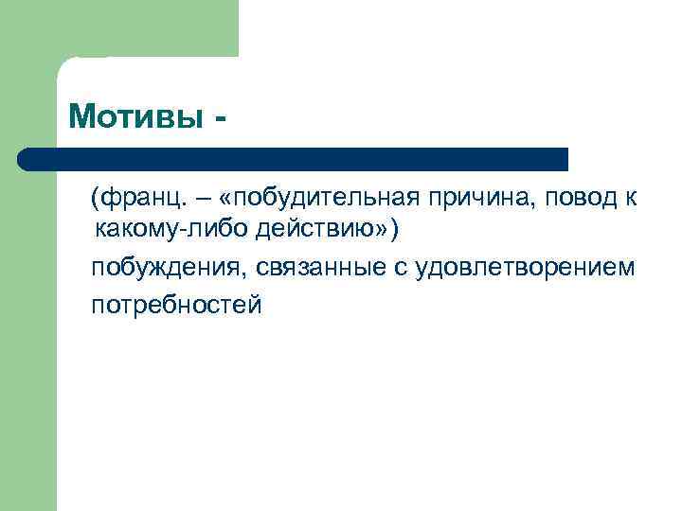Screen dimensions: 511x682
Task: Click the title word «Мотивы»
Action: (x=135, y=117)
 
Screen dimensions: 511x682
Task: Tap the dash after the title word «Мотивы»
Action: (x=221, y=120)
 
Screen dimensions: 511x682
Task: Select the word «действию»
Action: (x=311, y=230)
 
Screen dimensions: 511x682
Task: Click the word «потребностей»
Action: (x=175, y=306)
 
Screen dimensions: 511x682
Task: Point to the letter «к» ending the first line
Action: (x=630, y=200)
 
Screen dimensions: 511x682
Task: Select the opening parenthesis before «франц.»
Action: (x=95, y=200)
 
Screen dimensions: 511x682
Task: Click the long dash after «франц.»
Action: (x=203, y=200)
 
